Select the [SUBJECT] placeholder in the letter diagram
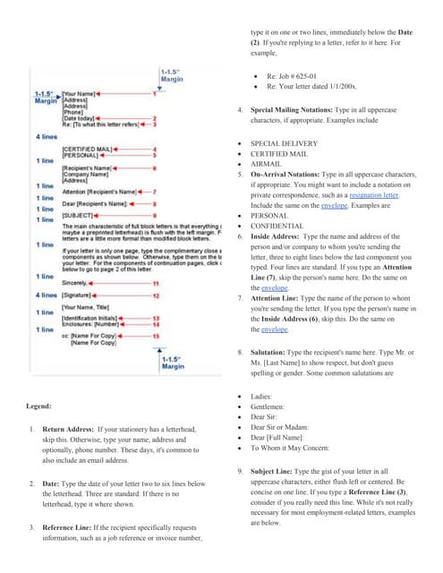(x=77, y=215)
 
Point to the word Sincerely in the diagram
(x=76, y=283)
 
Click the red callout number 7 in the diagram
(x=154, y=192)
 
